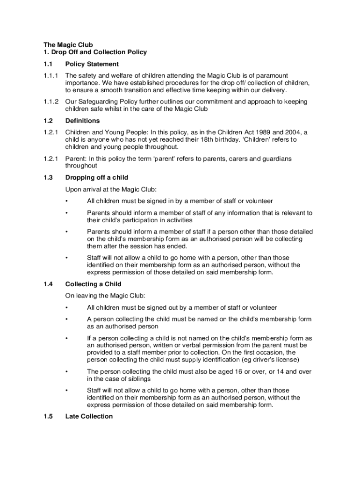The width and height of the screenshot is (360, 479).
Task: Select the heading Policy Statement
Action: pos(92,64)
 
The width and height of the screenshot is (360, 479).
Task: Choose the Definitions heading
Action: pos(82,121)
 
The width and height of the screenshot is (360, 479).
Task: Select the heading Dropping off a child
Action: pos(97,178)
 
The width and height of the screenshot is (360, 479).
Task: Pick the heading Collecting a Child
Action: pos(94,284)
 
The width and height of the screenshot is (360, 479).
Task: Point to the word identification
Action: pos(216,360)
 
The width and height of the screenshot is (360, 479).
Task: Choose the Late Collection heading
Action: pos(89,416)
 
